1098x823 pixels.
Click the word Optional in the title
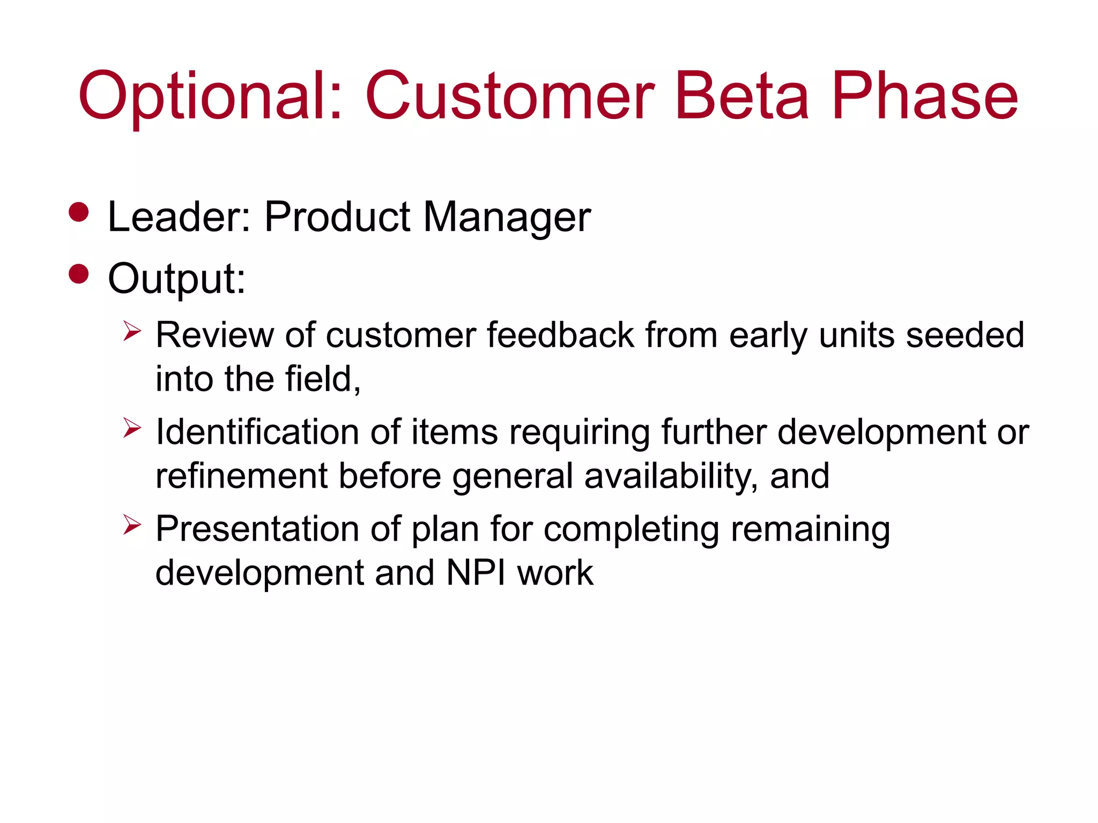click(x=209, y=96)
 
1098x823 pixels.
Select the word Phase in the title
click(x=924, y=96)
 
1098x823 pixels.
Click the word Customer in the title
click(x=509, y=96)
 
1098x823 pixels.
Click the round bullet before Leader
click(x=79, y=212)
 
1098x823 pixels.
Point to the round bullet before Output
click(x=79, y=274)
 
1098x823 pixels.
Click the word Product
click(x=337, y=217)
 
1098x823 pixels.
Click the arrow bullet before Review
click(x=131, y=331)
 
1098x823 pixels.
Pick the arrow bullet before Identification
click(x=131, y=428)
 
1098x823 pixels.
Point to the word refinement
click(x=241, y=476)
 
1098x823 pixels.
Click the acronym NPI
click(x=475, y=573)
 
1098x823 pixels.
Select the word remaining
click(x=810, y=529)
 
